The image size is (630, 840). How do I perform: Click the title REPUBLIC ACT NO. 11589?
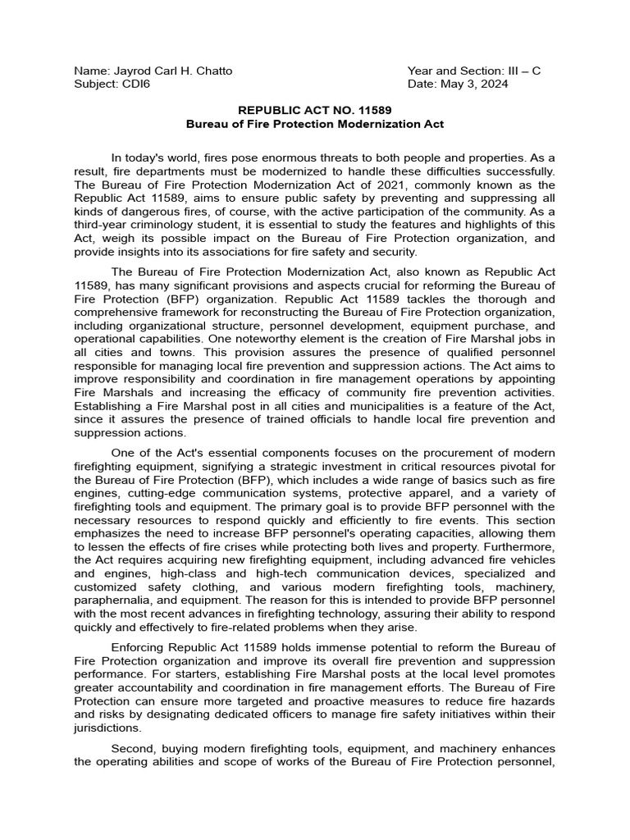tap(315, 111)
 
